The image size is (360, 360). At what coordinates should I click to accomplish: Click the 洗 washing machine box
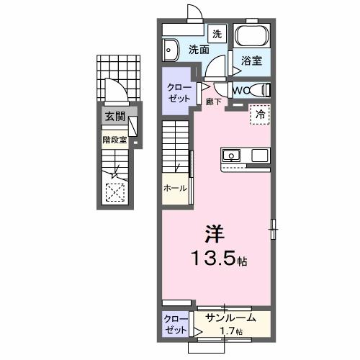click(x=217, y=33)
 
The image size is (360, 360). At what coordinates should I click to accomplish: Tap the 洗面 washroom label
click(x=199, y=50)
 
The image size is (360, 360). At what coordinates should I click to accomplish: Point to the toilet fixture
click(x=263, y=91)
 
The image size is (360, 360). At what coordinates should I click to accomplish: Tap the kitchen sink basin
click(x=233, y=156)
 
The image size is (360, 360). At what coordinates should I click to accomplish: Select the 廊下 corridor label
click(x=212, y=102)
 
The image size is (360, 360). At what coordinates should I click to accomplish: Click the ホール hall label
click(x=175, y=189)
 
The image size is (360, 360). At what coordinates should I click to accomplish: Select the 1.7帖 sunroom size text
click(x=233, y=330)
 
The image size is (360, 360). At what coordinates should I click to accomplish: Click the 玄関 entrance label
click(x=114, y=117)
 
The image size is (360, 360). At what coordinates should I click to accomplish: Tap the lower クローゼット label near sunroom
click(x=174, y=323)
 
